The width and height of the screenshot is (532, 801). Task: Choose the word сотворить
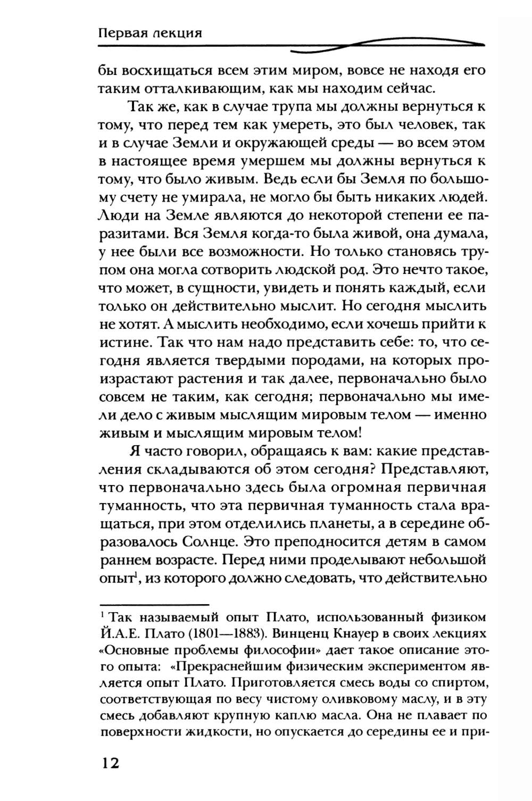tap(236, 270)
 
